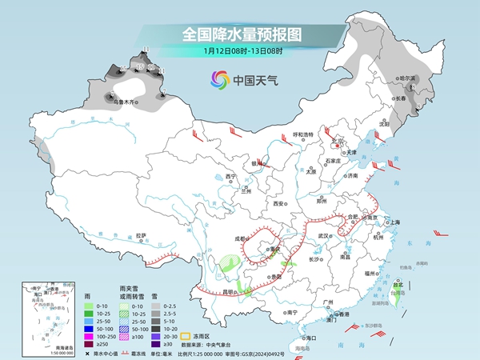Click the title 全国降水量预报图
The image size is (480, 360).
point(239,34)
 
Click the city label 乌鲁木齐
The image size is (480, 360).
point(124,102)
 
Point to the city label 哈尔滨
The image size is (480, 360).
point(409,78)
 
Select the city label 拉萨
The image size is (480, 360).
point(142,235)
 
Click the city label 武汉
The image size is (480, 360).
point(324,236)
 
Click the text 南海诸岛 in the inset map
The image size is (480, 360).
point(37,346)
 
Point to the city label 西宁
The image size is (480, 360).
point(232,176)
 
